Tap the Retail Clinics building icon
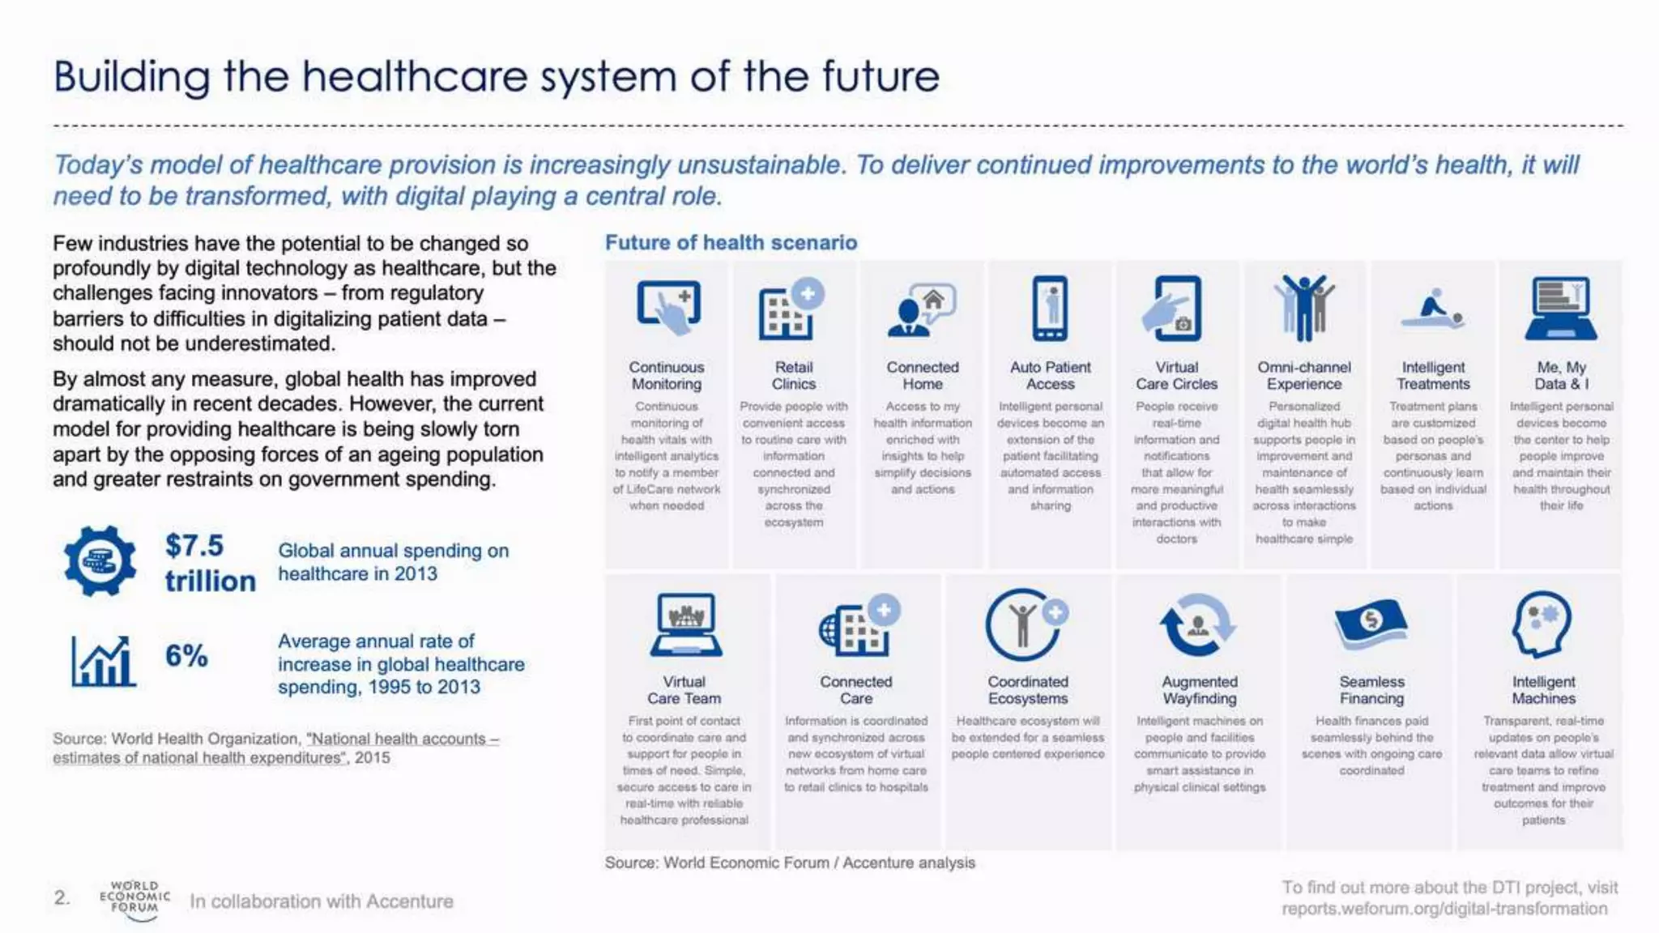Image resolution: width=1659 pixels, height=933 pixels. pyautogui.click(x=790, y=309)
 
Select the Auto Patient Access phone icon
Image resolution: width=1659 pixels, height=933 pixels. pyautogui.click(x=1050, y=309)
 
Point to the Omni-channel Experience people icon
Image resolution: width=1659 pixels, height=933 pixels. pyautogui.click(x=1303, y=308)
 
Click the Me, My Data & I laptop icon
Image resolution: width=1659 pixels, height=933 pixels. pyautogui.click(x=1561, y=309)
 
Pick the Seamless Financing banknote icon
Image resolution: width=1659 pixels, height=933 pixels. pyautogui.click(x=1371, y=624)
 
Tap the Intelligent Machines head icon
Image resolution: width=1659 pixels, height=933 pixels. pyautogui.click(x=1542, y=624)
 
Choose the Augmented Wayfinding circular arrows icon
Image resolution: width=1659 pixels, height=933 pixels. pyautogui.click(x=1198, y=624)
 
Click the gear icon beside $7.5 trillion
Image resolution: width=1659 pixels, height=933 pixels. pyautogui.click(x=100, y=560)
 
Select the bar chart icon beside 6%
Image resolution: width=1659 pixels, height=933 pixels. pyautogui.click(x=102, y=661)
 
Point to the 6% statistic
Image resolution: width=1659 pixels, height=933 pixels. pyautogui.click(x=186, y=655)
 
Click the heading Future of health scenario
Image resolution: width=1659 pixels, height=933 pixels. pyautogui.click(x=731, y=242)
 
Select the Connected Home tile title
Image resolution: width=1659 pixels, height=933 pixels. pyautogui.click(x=923, y=375)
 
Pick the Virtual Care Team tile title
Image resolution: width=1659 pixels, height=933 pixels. pyautogui.click(x=684, y=690)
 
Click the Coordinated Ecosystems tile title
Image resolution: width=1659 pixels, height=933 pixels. pyautogui.click(x=1028, y=690)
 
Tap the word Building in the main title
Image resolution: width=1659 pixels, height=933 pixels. pyautogui.click(x=132, y=77)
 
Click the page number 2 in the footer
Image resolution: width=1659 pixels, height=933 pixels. pyautogui.click(x=62, y=897)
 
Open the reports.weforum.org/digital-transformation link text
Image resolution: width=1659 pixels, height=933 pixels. pyautogui.click(x=1444, y=909)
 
